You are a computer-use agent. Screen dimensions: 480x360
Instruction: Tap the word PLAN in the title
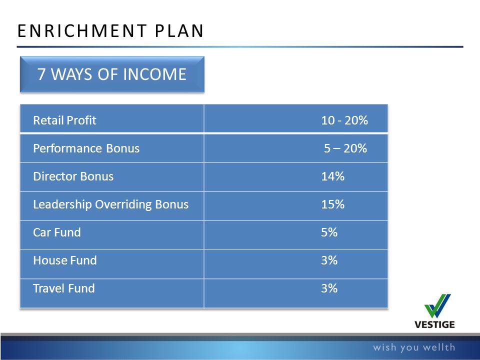(x=179, y=31)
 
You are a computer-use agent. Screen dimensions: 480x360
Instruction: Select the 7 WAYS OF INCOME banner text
(x=111, y=74)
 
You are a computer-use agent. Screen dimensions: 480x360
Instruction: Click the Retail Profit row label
(x=64, y=120)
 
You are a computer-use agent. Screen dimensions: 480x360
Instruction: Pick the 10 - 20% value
(x=344, y=120)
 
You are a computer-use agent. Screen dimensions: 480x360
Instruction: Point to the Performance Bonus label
(x=86, y=148)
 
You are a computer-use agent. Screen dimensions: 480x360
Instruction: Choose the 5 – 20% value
(x=345, y=148)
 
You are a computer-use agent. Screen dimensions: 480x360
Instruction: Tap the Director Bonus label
(x=73, y=176)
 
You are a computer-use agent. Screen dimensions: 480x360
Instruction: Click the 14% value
(x=333, y=176)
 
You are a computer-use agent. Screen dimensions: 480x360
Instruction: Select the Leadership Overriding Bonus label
(x=111, y=204)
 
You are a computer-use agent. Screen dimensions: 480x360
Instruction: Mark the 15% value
(x=333, y=204)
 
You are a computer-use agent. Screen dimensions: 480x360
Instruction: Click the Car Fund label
(x=57, y=232)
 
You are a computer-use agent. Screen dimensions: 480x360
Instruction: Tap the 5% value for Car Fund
(x=329, y=232)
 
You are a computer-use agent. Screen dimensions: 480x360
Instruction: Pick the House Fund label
(x=65, y=260)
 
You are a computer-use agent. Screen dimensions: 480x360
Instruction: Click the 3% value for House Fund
(x=329, y=260)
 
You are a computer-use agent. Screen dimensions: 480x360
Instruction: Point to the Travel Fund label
(x=63, y=288)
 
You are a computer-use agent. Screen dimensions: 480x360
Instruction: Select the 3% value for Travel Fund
(x=329, y=288)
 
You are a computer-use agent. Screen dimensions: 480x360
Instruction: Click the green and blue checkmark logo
(x=437, y=306)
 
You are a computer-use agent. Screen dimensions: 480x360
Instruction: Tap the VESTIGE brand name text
(x=434, y=324)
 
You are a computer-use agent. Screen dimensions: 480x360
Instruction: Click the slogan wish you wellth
(x=414, y=347)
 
